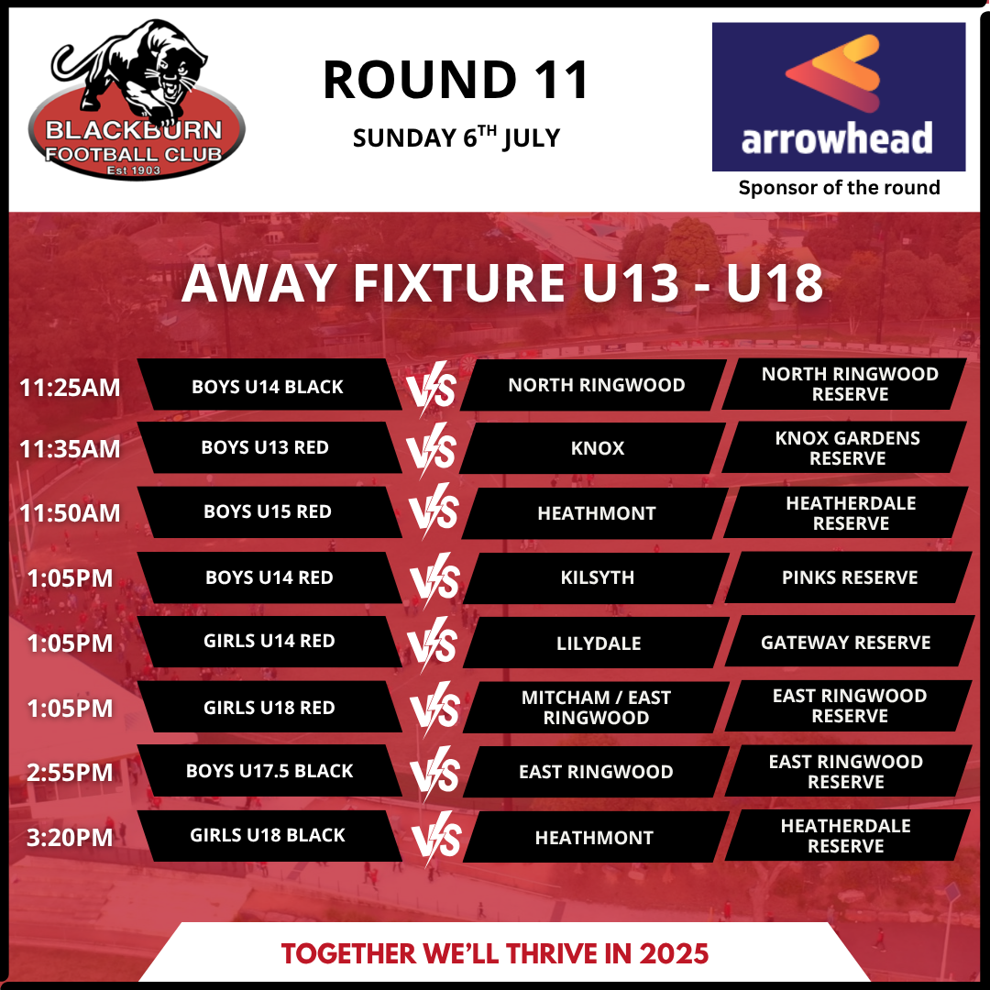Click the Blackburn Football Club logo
[136, 101]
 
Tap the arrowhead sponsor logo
[839, 96]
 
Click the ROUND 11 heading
[456, 80]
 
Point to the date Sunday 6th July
[456, 137]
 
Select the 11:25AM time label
[70, 388]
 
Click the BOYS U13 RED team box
[269, 447]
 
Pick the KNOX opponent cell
[593, 447]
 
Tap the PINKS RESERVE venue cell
[849, 577]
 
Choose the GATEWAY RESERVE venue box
[849, 642]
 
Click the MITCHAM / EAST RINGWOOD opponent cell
[596, 707]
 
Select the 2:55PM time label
[70, 773]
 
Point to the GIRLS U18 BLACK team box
[269, 835]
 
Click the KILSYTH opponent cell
[596, 577]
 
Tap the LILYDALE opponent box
[596, 643]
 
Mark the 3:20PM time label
[70, 838]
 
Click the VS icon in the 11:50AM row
[433, 511]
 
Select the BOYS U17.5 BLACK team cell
[269, 770]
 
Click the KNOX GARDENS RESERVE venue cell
[846, 447]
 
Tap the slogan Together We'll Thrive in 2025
[495, 953]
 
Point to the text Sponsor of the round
[839, 188]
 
